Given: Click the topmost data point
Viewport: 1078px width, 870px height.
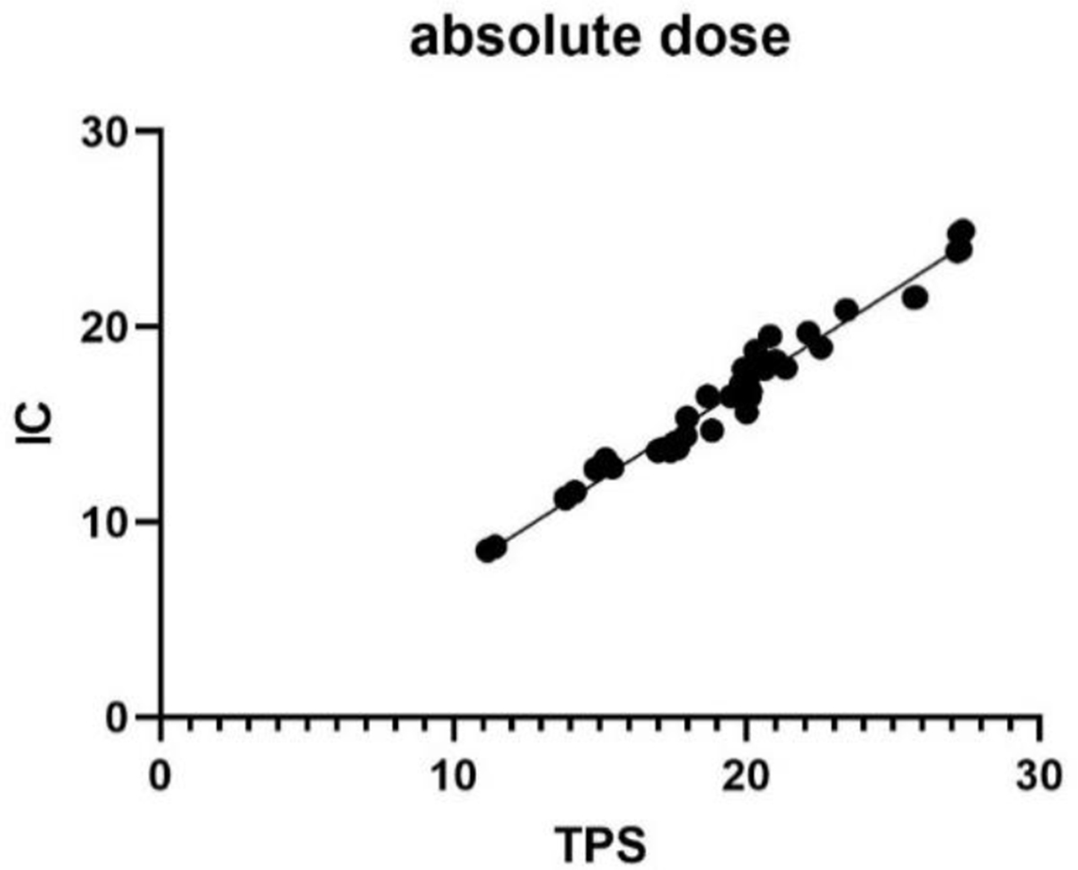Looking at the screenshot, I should click(x=963, y=232).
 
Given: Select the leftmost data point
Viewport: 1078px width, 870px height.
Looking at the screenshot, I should click(x=487, y=550).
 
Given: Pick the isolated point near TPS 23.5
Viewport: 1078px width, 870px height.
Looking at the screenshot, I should click(x=846, y=310).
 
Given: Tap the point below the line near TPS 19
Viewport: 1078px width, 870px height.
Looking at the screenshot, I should click(x=712, y=431).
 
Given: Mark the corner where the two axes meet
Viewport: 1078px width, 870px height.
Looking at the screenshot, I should click(x=161, y=716).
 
